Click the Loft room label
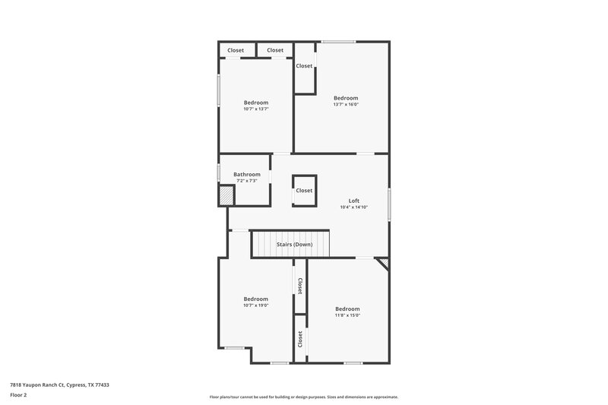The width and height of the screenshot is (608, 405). point(353,201)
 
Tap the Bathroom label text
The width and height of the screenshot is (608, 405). point(247,174)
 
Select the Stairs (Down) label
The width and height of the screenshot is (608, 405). point(293,245)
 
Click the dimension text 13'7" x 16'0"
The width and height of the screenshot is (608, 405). point(345,104)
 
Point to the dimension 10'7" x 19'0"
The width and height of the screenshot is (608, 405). point(255,305)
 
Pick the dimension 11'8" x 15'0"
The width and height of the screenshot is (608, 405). point(347,315)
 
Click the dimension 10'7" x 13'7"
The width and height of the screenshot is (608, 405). point(255,109)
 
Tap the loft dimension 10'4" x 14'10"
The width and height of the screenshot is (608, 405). point(353,207)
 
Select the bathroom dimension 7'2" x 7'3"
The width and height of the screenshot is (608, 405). point(247,181)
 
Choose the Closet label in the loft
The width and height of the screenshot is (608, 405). point(304,191)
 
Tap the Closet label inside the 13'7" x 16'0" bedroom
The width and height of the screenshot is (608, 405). point(304,66)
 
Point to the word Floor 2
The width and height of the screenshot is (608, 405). point(20,396)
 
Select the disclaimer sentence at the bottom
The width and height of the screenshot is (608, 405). point(303,397)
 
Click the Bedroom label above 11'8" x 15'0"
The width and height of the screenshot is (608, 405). point(347,308)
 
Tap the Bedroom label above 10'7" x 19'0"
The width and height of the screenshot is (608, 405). point(255,299)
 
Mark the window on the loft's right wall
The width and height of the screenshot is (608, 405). point(389,204)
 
